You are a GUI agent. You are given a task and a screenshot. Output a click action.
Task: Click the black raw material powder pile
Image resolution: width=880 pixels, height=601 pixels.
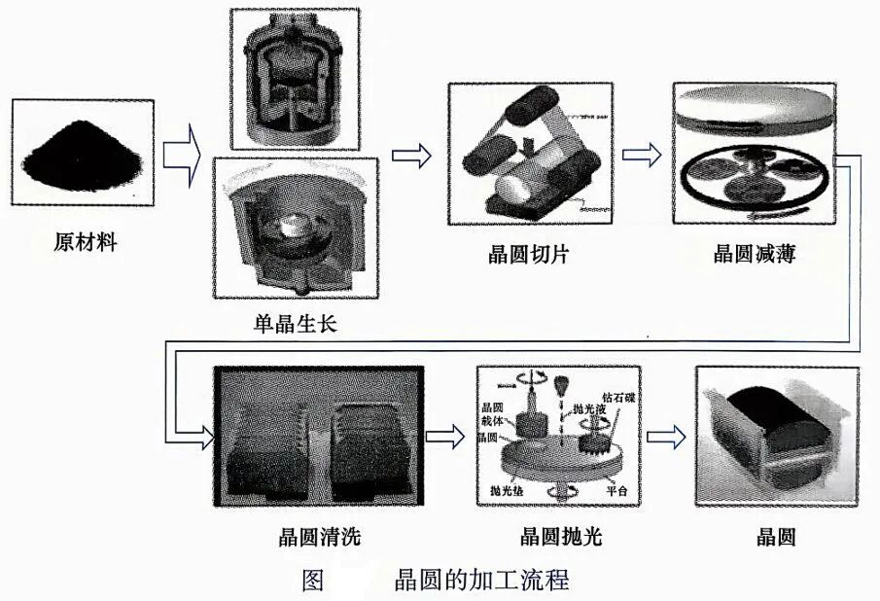[x=83, y=156]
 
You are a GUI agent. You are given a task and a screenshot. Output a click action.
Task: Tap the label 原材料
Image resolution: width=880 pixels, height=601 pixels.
[x=85, y=242]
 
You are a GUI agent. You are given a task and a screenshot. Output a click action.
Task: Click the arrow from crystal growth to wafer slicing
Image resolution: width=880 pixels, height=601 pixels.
[x=409, y=154]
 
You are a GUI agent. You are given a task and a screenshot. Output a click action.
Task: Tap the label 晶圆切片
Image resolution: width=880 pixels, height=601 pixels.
[x=528, y=255]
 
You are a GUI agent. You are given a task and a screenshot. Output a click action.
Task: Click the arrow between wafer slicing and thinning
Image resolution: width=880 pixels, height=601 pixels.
[x=642, y=154]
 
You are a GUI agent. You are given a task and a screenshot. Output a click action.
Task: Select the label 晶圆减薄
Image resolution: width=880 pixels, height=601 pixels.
[x=754, y=255]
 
